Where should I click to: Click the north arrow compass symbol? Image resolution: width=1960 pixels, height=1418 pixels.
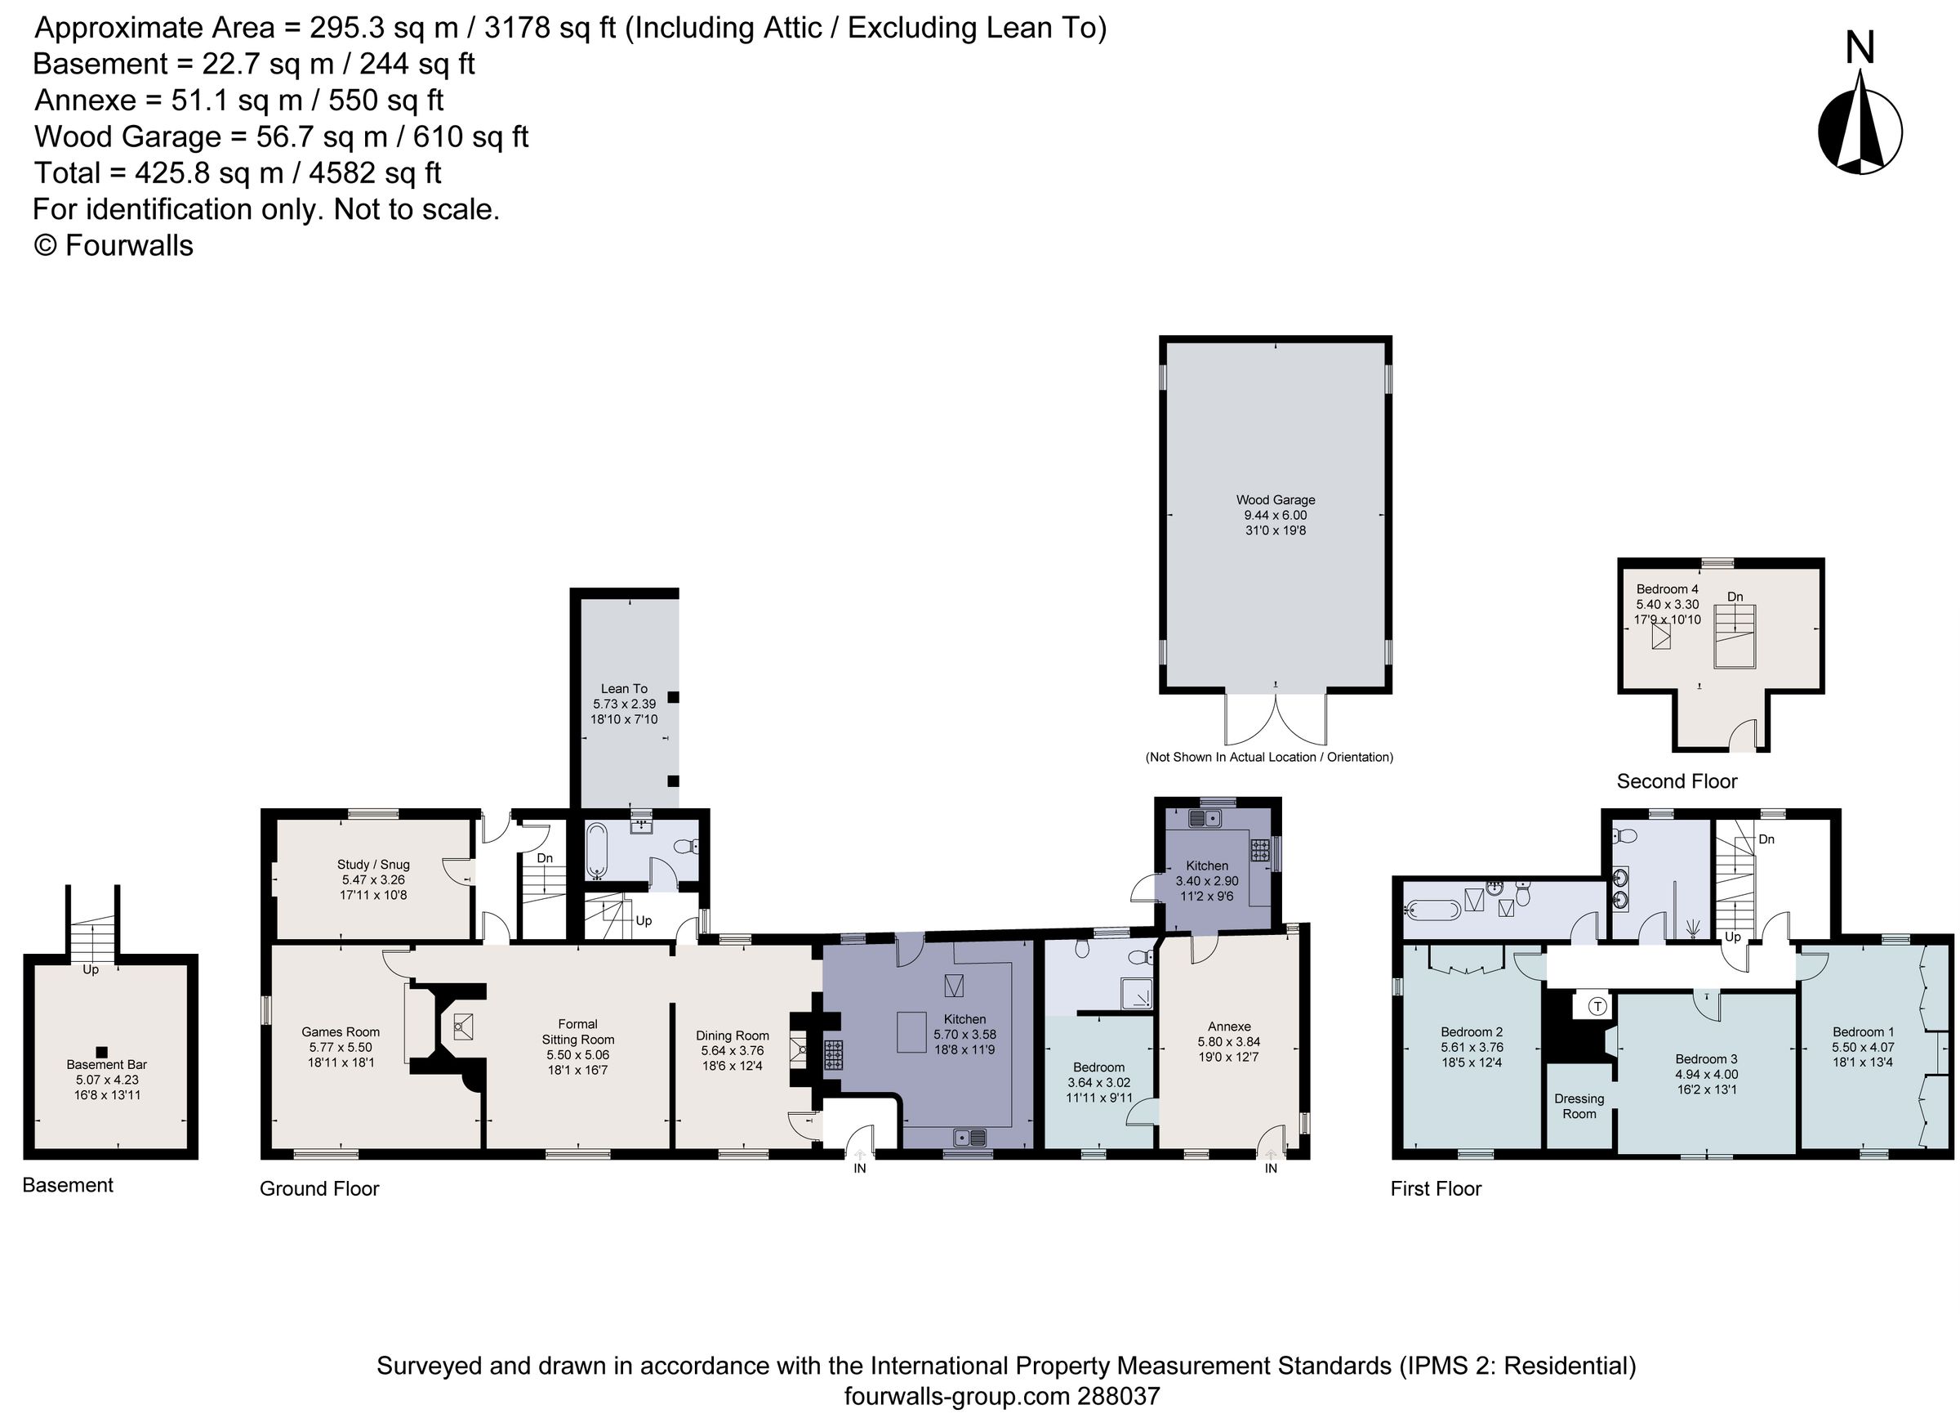(1860, 132)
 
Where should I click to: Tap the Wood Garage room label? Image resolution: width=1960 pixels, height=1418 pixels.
(1275, 499)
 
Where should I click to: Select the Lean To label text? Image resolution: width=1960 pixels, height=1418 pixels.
(624, 688)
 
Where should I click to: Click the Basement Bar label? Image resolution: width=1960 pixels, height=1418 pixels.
(106, 1064)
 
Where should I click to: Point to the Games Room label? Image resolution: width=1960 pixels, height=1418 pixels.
(341, 1031)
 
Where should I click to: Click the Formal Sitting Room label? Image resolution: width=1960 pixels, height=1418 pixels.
(577, 1031)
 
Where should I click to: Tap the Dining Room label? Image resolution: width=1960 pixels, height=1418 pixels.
(732, 1035)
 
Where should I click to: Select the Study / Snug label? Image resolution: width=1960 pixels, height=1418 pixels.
(373, 864)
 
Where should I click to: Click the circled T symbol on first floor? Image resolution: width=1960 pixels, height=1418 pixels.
(1598, 1005)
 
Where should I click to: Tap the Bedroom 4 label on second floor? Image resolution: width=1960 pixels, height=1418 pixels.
(1667, 588)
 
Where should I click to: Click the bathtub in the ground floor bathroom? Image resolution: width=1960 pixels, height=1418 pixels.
(597, 850)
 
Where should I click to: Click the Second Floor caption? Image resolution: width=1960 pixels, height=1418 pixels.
(1677, 781)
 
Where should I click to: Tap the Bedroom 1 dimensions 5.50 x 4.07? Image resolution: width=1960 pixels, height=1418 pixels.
(1862, 1047)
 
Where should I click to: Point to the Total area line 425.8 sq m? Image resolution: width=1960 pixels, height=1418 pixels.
(238, 173)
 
